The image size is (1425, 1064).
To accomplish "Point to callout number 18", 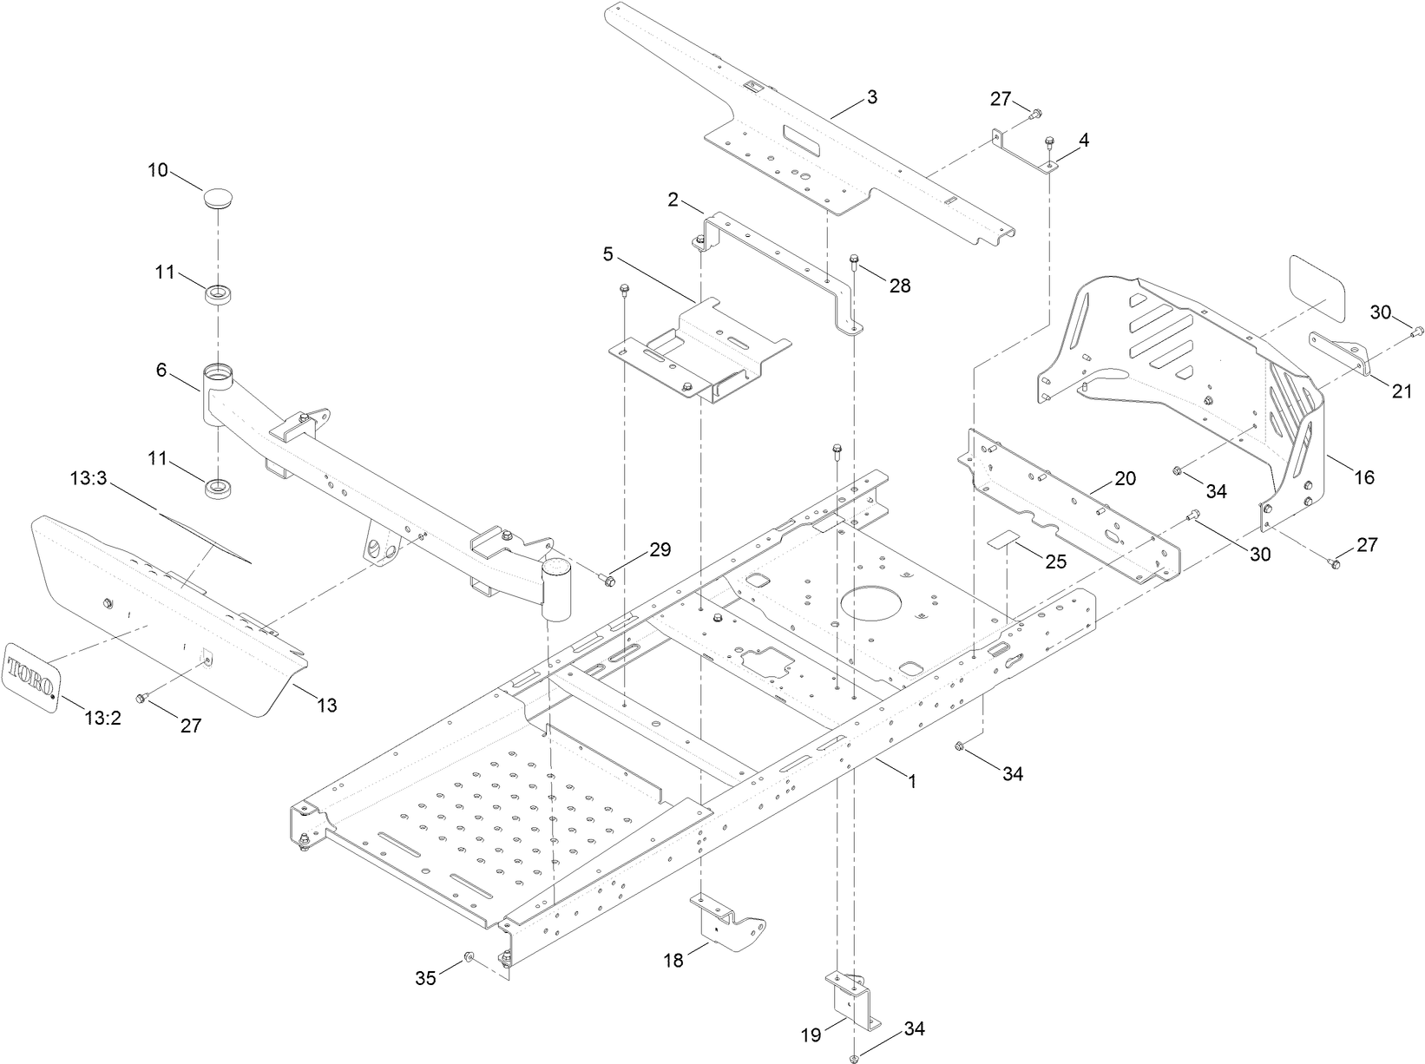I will click(x=673, y=960).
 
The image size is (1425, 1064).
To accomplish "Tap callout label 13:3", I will click(x=89, y=478).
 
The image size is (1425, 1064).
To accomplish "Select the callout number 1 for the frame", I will click(x=911, y=782).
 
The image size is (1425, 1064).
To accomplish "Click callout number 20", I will click(x=1125, y=479).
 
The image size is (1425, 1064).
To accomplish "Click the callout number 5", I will click(x=608, y=255).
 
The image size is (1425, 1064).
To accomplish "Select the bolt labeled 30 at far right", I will click(x=1418, y=331).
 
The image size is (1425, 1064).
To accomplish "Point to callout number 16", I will click(x=1364, y=476).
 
